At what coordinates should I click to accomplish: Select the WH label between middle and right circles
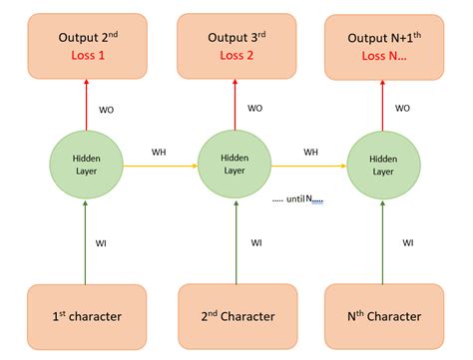pyautogui.click(x=310, y=152)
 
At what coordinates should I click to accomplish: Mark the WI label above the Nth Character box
pyautogui.click(x=408, y=242)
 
